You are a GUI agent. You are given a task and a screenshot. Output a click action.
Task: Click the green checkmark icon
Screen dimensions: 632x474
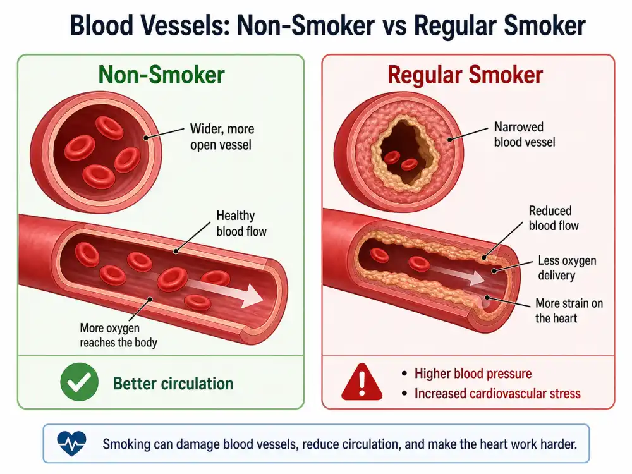click(x=80, y=382)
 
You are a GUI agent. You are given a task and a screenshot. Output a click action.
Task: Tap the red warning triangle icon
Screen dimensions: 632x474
click(x=362, y=382)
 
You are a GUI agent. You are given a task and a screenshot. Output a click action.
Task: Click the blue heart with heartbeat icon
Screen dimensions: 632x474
click(x=71, y=444)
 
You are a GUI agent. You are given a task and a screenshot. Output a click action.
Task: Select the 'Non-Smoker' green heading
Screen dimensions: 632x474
click(x=161, y=75)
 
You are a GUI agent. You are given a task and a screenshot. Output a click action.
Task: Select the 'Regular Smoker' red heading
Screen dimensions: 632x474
click(x=465, y=75)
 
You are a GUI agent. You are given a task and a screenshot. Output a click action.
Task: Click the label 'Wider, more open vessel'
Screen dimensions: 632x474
click(x=222, y=137)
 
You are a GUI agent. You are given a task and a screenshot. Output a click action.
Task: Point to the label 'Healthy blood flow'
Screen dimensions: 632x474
click(x=241, y=223)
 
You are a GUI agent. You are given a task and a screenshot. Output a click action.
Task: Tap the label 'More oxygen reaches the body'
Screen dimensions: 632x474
click(x=118, y=335)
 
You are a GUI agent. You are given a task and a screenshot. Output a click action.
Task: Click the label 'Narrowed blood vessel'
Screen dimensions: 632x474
click(x=525, y=134)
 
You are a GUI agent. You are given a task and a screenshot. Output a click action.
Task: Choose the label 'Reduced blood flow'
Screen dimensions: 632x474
click(x=554, y=218)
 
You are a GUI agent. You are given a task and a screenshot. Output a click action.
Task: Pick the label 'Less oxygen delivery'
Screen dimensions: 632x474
click(x=567, y=268)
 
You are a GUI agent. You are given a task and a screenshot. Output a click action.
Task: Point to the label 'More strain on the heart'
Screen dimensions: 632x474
click(x=569, y=310)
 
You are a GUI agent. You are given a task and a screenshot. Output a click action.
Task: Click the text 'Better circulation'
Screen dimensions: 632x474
click(x=173, y=384)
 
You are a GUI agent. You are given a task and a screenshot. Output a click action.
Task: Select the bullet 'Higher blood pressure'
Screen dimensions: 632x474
click(x=473, y=374)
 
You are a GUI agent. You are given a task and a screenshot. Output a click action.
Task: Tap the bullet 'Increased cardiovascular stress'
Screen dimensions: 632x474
click(x=497, y=393)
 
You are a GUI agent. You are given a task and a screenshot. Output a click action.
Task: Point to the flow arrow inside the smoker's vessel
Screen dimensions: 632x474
click(x=459, y=274)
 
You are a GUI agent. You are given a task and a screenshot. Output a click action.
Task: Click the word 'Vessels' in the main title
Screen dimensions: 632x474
click(x=185, y=25)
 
